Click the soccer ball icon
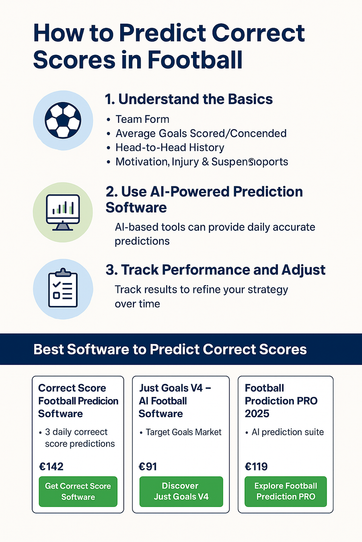(x=63, y=120)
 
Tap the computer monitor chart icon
(x=63, y=212)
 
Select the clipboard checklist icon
(x=63, y=289)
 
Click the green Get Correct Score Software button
(x=78, y=491)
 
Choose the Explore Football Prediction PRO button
(x=286, y=491)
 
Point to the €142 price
(x=51, y=467)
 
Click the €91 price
(x=148, y=467)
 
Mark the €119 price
(x=256, y=467)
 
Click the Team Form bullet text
(x=142, y=119)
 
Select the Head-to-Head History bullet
(x=169, y=147)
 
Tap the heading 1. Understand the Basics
(x=189, y=99)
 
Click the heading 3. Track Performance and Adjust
(x=216, y=270)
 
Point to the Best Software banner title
(x=170, y=349)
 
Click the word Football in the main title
(x=195, y=60)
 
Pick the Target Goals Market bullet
(x=183, y=432)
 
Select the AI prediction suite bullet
(x=287, y=432)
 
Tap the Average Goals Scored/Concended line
(x=201, y=133)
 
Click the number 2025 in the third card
(x=257, y=414)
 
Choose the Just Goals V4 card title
(x=175, y=401)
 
